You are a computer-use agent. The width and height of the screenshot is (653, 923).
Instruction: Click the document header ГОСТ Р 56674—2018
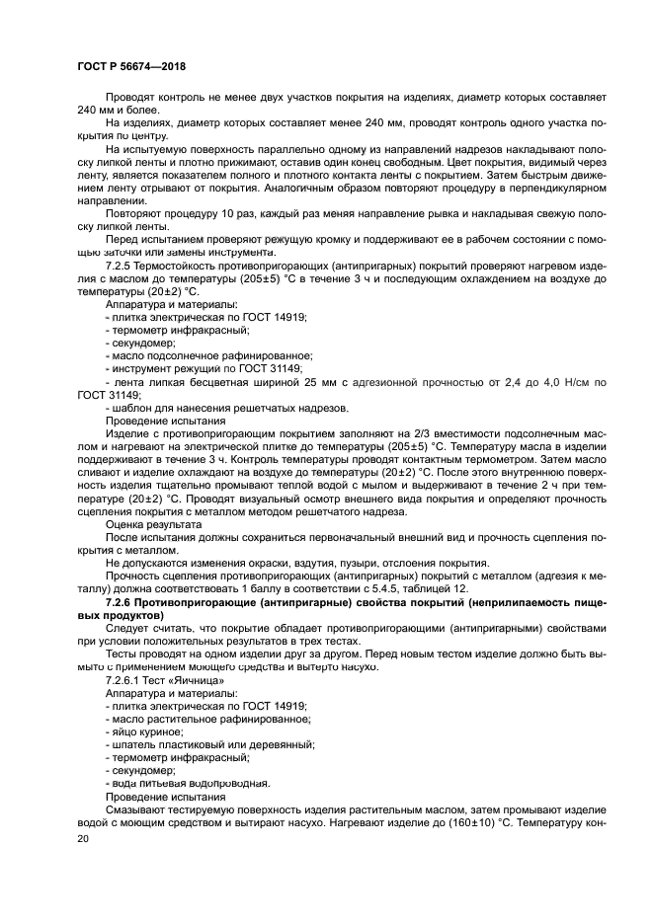click(130, 66)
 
